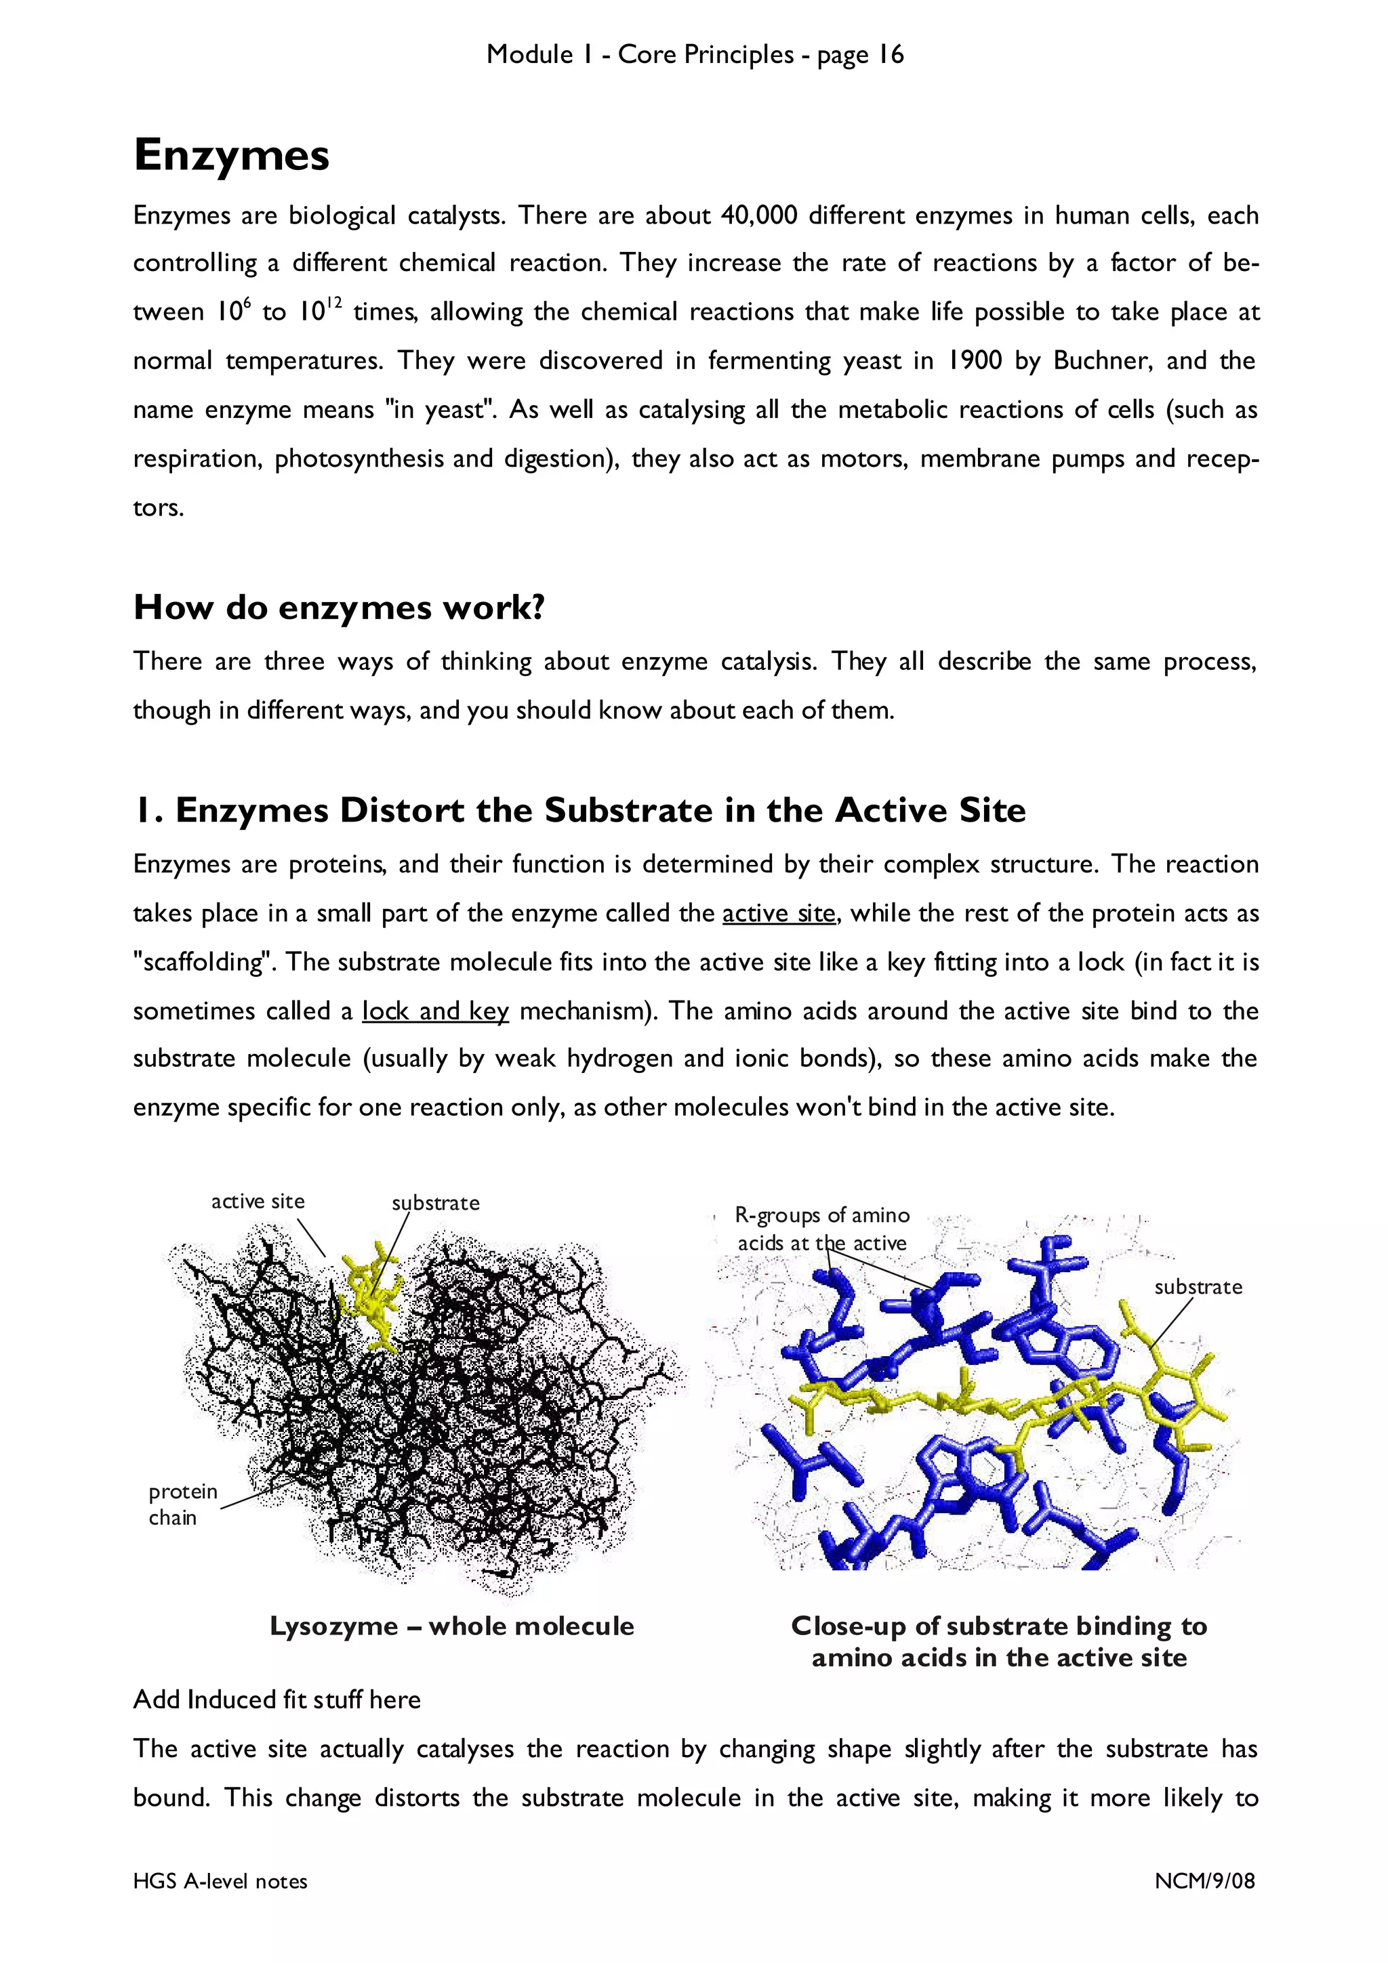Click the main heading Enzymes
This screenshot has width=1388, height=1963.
coord(231,156)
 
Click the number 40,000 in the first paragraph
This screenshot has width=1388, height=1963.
coord(758,215)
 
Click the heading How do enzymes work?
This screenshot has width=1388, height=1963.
coord(339,608)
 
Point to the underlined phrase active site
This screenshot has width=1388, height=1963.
coord(778,913)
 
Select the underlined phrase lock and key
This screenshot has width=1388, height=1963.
coord(435,1011)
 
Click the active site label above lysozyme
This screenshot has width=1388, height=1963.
coord(258,1201)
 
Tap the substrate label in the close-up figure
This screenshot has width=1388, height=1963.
coord(1198,1287)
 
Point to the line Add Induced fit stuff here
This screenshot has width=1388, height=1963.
coord(277,1699)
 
